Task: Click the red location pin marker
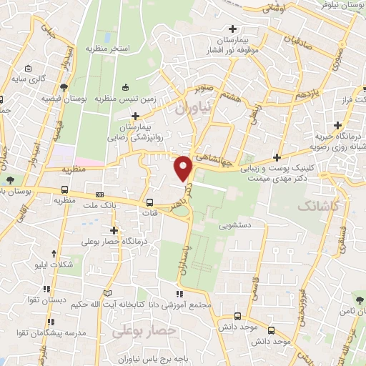(184, 167)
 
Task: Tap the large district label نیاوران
(193, 108)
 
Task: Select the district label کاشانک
(315, 206)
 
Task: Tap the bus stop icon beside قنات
(150, 202)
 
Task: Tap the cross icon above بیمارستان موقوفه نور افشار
(233, 29)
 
